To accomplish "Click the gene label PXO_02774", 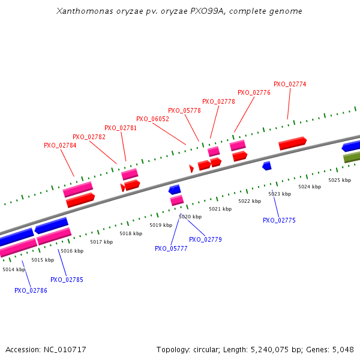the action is (x=290, y=84).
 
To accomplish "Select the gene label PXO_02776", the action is (x=254, y=92).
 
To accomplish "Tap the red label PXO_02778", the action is (x=218, y=101).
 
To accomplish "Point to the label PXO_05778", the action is (x=184, y=110).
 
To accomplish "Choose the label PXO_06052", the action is (x=152, y=119).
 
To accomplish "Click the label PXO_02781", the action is (x=121, y=128).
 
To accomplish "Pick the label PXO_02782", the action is (x=89, y=137).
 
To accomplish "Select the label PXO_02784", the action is (x=60, y=145).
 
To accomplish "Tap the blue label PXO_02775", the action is (x=279, y=220).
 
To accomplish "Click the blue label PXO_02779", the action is (x=205, y=239).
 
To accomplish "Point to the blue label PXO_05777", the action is (x=171, y=248).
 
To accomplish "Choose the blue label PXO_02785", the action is (x=67, y=280).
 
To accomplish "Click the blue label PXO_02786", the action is (x=31, y=290).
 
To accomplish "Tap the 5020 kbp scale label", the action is (x=190, y=217).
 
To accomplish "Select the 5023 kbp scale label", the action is (x=280, y=194).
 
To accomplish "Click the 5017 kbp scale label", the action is (x=101, y=242).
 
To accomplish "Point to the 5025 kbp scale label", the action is (x=339, y=180).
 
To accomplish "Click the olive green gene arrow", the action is (x=352, y=157).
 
